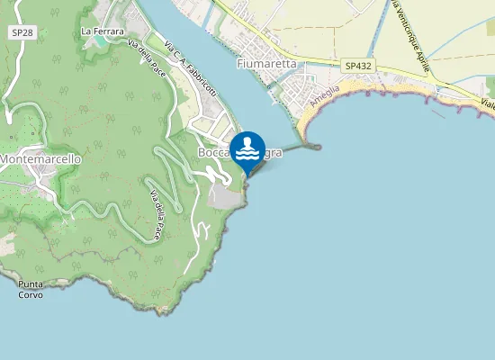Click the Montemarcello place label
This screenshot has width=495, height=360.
click(41, 159)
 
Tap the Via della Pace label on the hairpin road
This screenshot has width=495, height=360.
click(156, 217)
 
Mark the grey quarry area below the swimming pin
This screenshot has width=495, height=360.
click(225, 196)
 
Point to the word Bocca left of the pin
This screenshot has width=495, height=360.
click(214, 153)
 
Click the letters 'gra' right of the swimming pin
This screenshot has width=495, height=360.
click(274, 153)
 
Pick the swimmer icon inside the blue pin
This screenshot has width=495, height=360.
click(247, 147)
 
